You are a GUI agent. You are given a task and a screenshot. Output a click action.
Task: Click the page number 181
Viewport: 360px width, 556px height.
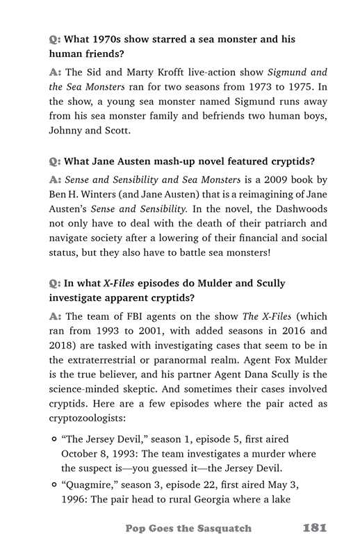pyautogui.click(x=315, y=528)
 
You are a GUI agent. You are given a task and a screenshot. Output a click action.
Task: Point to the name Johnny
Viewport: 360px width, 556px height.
pyautogui.click(x=68, y=130)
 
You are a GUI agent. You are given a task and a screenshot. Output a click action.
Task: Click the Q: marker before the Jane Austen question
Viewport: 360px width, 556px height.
pyautogui.click(x=54, y=163)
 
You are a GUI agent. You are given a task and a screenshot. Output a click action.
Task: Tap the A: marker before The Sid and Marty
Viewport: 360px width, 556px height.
pyautogui.click(x=56, y=72)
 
